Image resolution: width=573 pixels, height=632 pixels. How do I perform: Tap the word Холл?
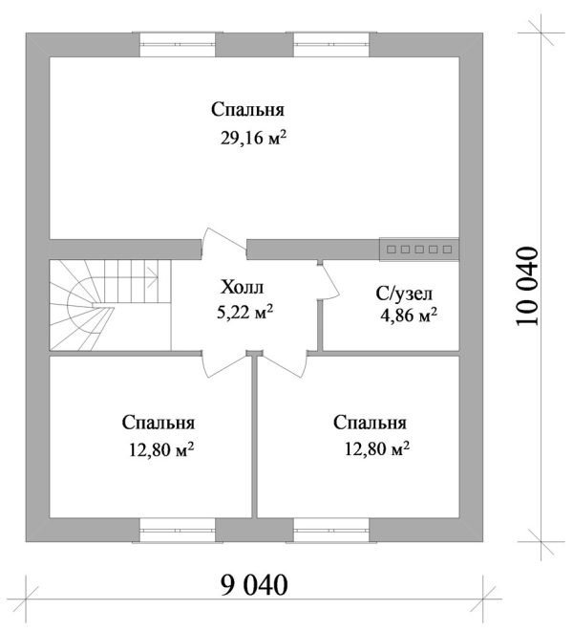point(241,287)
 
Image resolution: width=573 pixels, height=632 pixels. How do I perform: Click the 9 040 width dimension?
point(252,582)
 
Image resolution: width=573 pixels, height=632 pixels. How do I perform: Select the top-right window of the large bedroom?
point(330,41)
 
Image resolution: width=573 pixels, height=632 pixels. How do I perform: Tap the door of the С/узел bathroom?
point(326,283)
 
